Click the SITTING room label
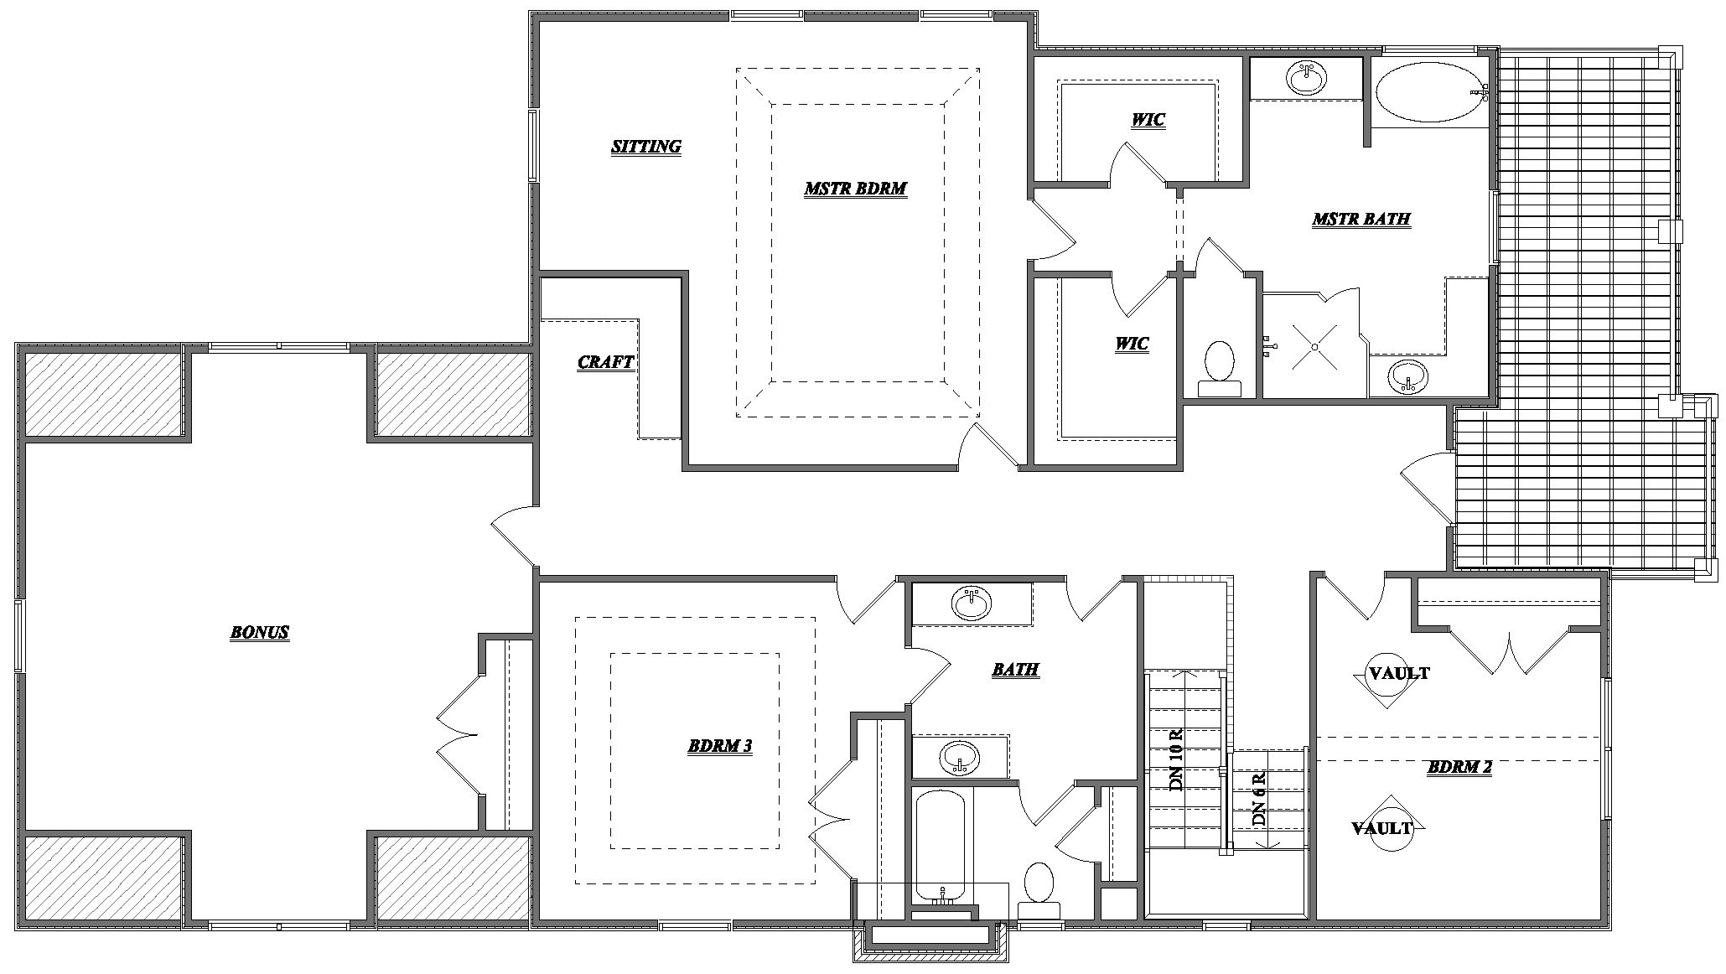point(645,147)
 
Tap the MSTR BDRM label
point(855,189)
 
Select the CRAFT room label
point(605,362)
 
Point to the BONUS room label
point(260,632)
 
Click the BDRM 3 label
point(719,746)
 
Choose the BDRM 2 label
point(1459,767)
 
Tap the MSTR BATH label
point(1361,220)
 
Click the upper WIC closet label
point(1148,120)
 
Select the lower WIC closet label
point(1132,344)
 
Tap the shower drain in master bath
point(1314,346)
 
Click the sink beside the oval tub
point(1306,79)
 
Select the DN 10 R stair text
point(1176,759)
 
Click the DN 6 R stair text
point(1258,799)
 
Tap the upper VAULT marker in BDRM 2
point(1398,673)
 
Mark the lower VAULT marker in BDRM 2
point(1383,828)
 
